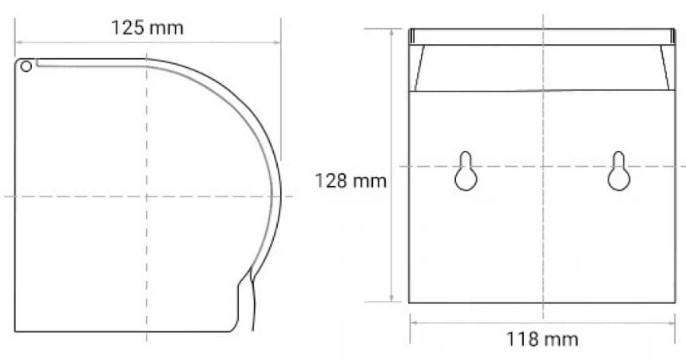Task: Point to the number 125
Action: coord(128,28)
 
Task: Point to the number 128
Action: coord(331,181)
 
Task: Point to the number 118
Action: coord(524,338)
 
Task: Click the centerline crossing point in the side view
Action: coord(146,196)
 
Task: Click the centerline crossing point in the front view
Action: coord(542,166)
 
